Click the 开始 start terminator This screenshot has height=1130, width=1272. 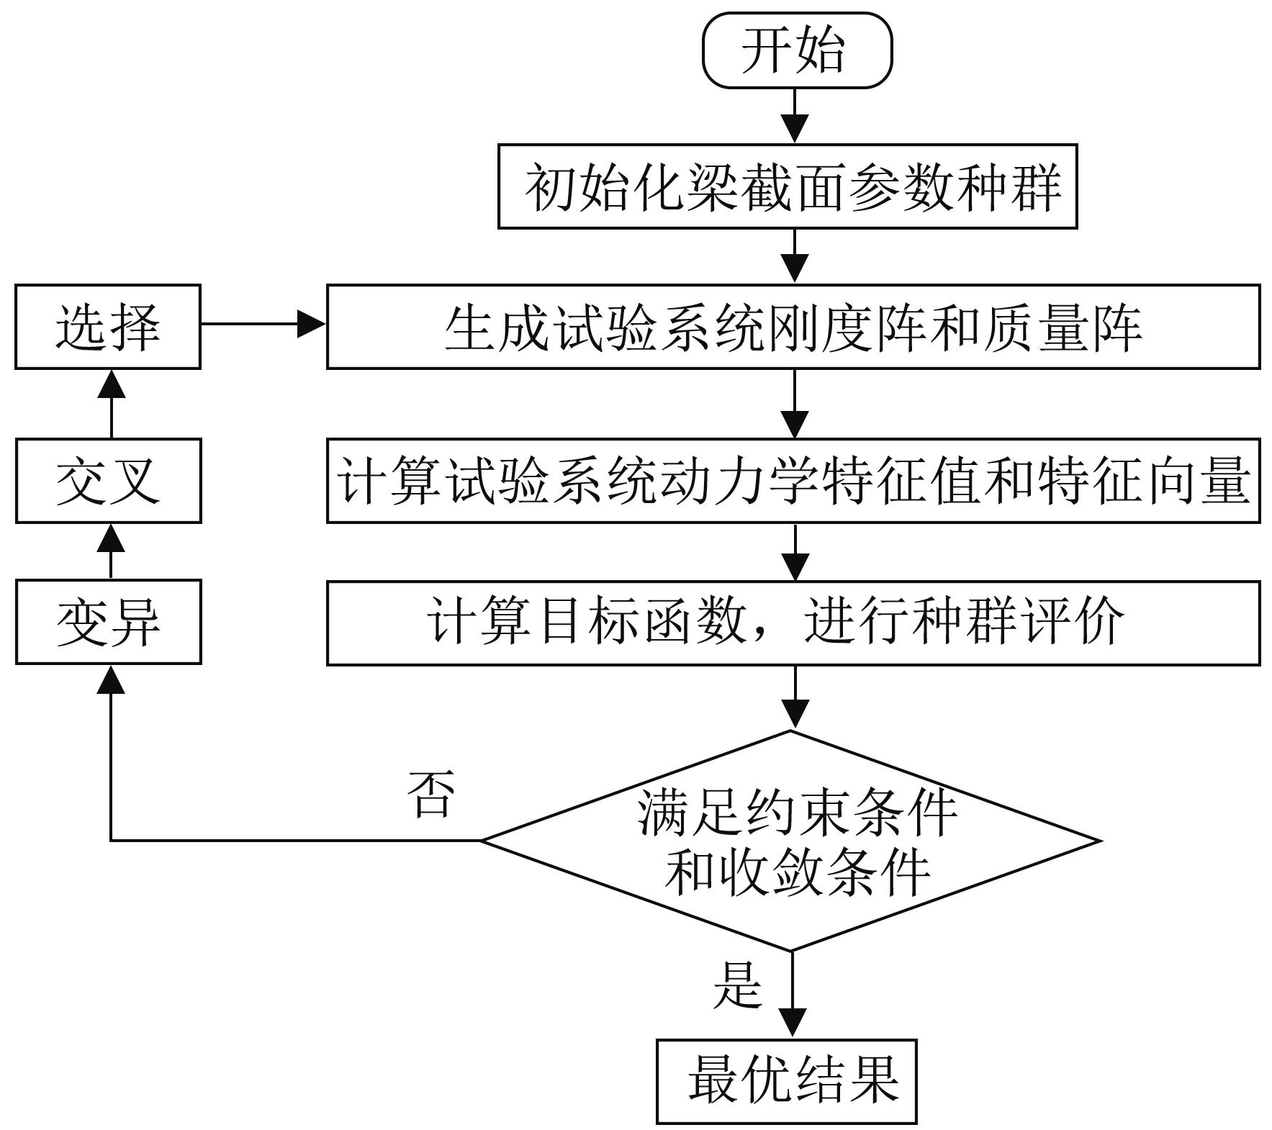[x=797, y=50]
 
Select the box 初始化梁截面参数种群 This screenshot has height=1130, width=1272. [x=787, y=186]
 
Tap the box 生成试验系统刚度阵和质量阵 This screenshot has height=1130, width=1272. [x=793, y=327]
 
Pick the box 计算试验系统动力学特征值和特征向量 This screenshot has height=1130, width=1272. [x=793, y=480]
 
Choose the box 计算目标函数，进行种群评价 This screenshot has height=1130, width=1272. [x=793, y=623]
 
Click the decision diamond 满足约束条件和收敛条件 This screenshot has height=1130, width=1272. [x=790, y=841]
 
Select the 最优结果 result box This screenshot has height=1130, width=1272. [x=786, y=1080]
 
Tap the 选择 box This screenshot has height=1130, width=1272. [x=108, y=327]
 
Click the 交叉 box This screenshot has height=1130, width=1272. [x=108, y=480]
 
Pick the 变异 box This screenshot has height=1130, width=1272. [x=108, y=622]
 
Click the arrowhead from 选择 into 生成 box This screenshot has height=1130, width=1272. [x=311, y=325]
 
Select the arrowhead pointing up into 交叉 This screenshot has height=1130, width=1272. [x=111, y=538]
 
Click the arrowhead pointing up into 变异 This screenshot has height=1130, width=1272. [x=111, y=679]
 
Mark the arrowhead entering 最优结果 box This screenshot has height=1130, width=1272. [x=792, y=1023]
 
